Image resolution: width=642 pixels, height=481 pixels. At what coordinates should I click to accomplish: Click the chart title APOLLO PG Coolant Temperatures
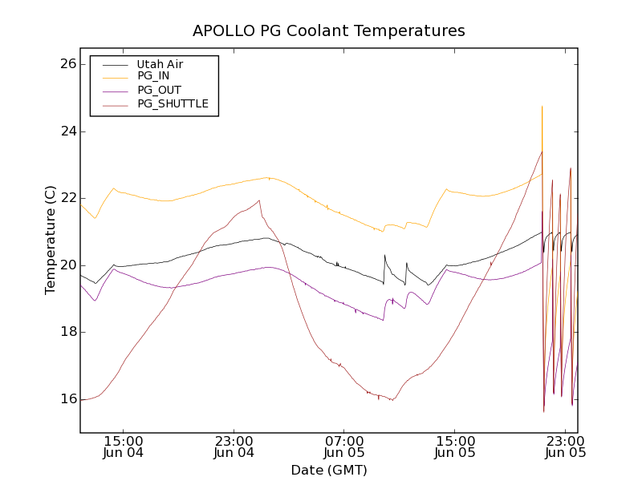point(328,31)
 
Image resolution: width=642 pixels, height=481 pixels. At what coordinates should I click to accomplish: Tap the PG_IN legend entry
point(153,76)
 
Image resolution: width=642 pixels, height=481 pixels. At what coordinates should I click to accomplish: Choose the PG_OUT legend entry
point(159,90)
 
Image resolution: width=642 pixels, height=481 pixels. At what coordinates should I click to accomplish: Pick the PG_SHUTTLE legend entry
point(173,103)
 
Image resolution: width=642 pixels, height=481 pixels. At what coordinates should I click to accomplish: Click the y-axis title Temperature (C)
point(51,240)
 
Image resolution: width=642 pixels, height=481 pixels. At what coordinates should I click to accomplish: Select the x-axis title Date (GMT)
point(328,470)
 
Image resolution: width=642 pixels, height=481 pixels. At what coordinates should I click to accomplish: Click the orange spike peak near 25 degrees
point(542,107)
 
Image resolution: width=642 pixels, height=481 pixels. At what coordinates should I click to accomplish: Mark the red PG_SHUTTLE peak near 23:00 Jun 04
point(259,200)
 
